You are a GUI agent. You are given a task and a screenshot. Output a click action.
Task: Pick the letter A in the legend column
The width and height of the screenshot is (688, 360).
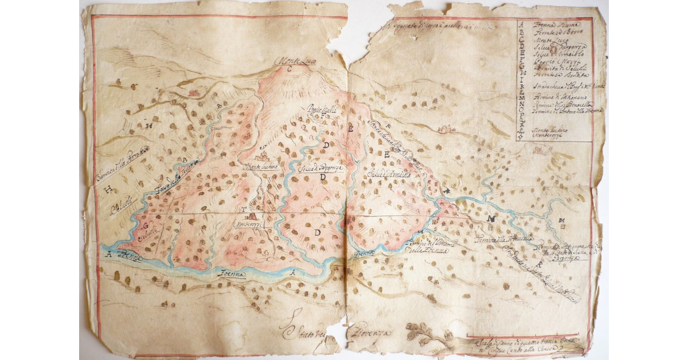click(x=521, y=25)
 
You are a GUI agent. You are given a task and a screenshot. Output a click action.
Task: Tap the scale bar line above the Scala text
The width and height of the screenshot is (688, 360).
click(x=516, y=336)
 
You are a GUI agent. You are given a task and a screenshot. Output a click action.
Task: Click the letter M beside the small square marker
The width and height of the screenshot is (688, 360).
click(x=562, y=221)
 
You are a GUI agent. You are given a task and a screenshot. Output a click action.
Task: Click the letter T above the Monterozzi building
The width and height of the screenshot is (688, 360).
click(x=245, y=209)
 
